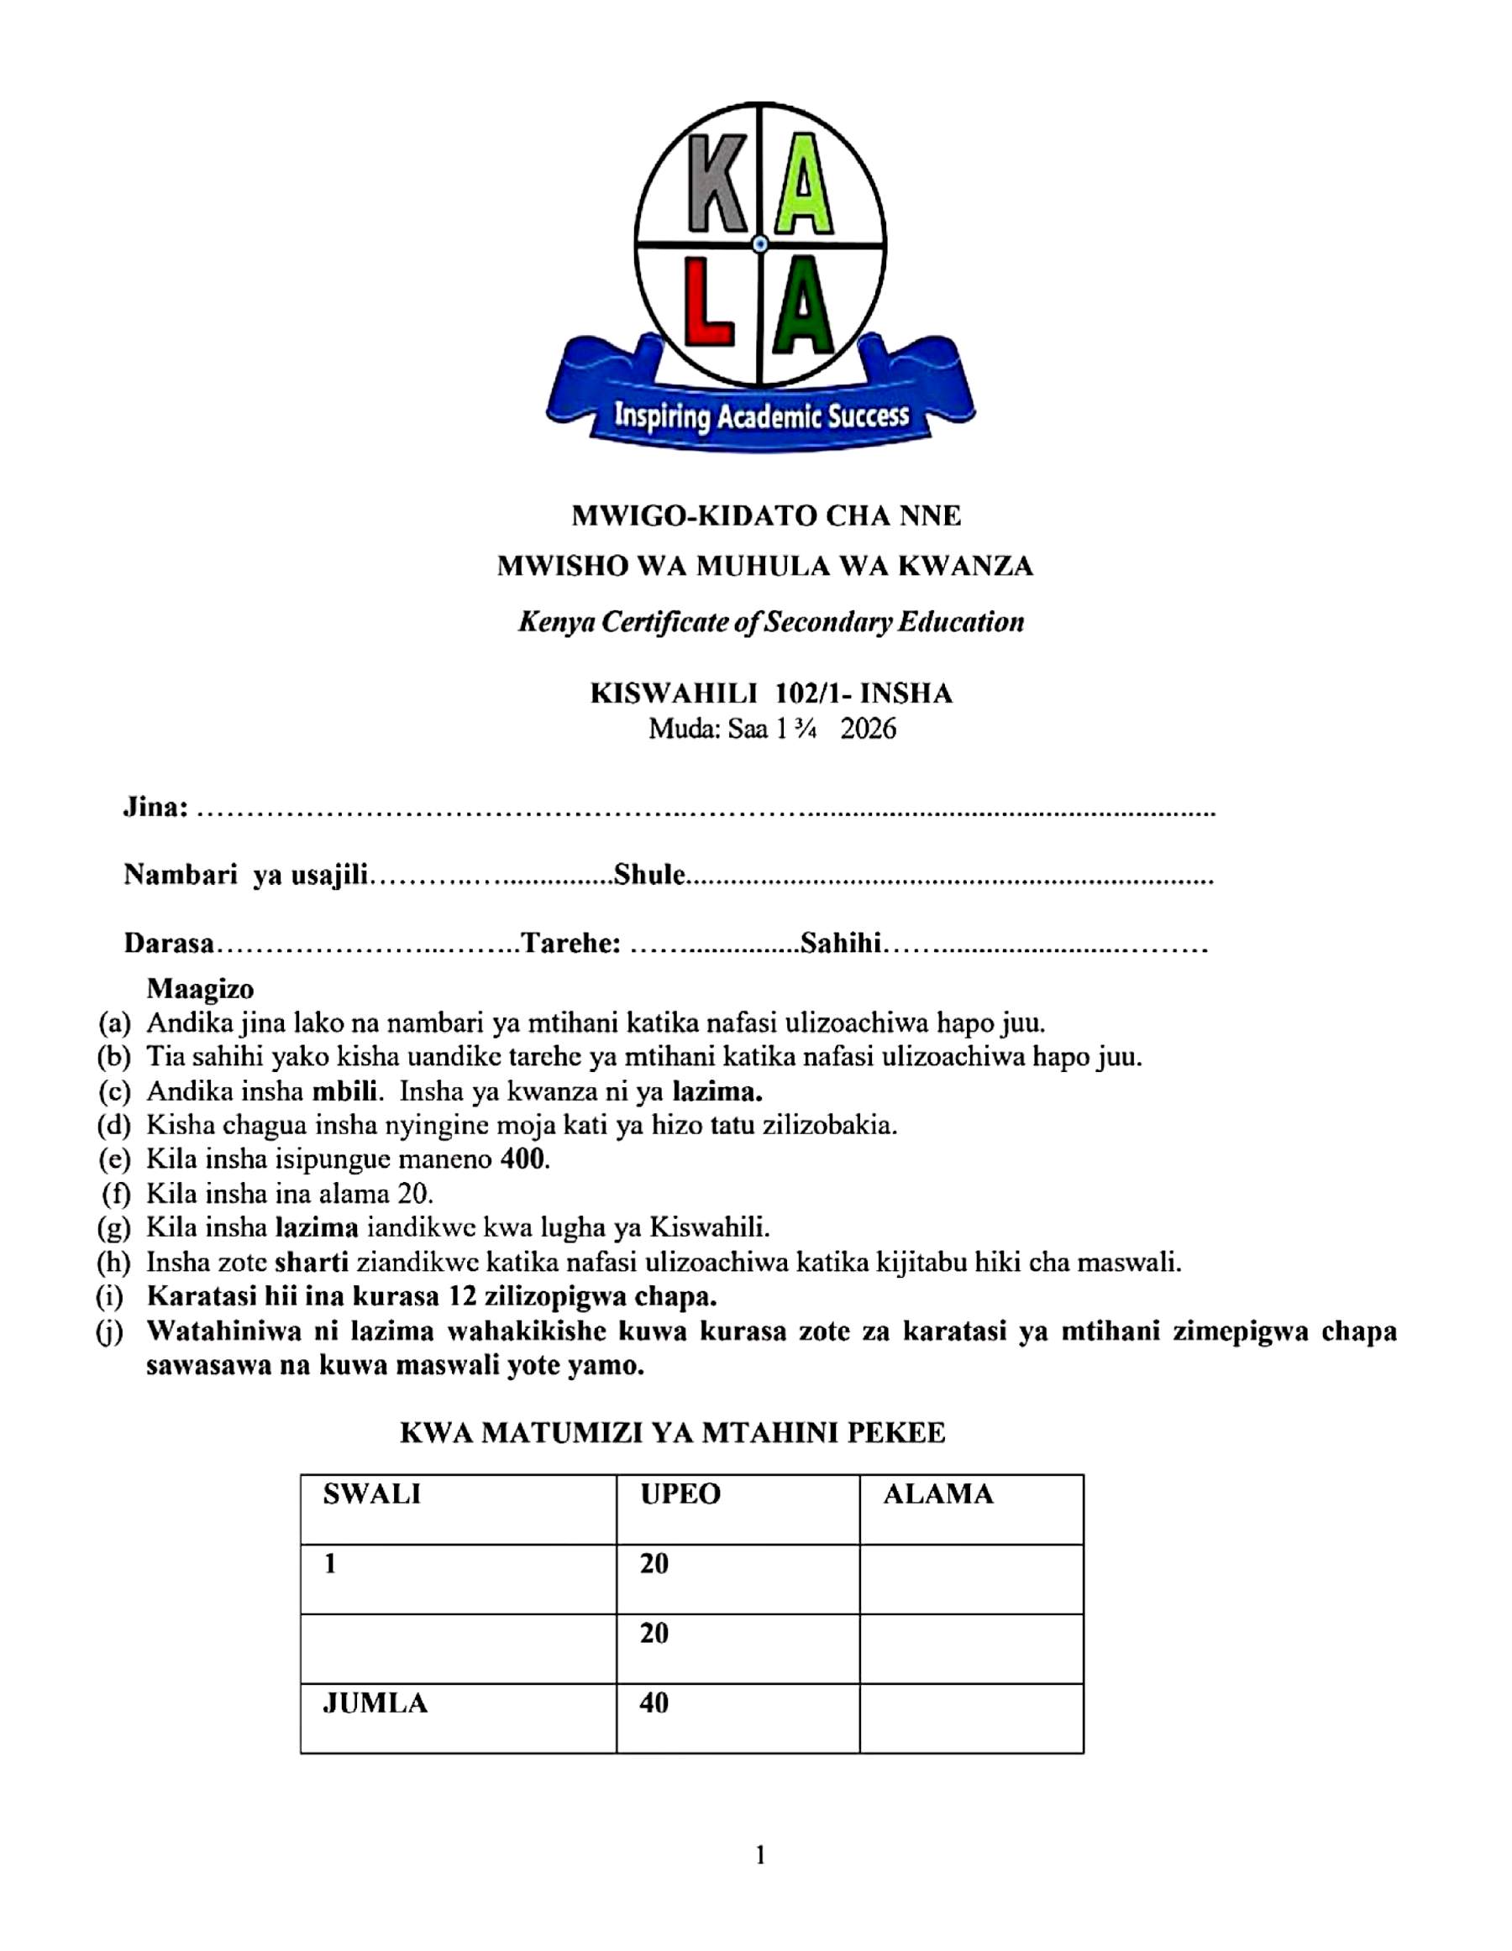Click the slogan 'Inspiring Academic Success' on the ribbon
[x=761, y=416]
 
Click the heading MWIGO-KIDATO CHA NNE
[x=766, y=515]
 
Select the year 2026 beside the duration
[x=869, y=730]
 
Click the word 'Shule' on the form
[x=648, y=875]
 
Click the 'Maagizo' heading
[x=200, y=989]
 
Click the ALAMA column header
[x=938, y=1494]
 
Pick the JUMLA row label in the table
[x=375, y=1703]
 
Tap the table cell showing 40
[x=654, y=1703]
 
